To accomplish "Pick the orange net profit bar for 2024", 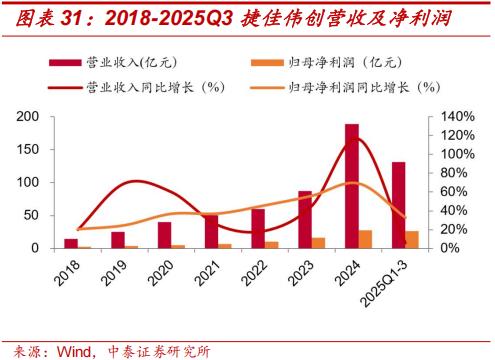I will click(x=366, y=239).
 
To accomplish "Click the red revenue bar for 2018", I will click(x=70, y=243).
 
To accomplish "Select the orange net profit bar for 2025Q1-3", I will click(x=413, y=239).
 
